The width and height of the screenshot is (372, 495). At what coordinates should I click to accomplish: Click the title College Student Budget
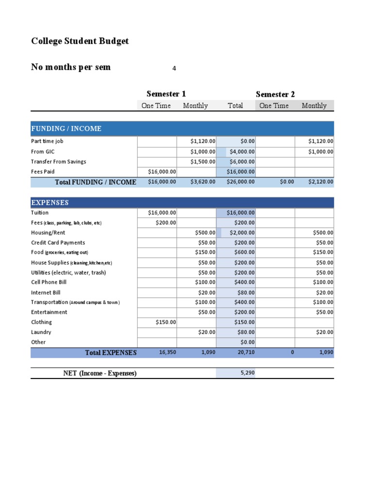click(80, 41)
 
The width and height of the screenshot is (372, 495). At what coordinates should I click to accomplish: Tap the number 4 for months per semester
click(174, 68)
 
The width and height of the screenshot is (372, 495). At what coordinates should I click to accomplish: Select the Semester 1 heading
click(166, 94)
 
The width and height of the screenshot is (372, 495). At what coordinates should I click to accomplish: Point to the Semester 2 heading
click(275, 94)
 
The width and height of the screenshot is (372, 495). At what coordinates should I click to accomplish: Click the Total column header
click(235, 106)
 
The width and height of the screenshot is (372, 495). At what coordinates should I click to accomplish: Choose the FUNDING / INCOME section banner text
click(66, 129)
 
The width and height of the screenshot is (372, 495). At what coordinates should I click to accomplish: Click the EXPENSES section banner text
click(50, 203)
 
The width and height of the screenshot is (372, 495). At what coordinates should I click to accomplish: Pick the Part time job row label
click(47, 141)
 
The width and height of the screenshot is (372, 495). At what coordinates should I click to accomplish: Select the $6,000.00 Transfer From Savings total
click(242, 161)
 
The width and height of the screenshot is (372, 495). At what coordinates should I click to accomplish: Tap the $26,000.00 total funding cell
click(241, 182)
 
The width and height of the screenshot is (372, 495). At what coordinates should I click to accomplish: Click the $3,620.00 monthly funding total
click(202, 182)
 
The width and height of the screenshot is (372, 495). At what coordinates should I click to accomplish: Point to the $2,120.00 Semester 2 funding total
click(321, 182)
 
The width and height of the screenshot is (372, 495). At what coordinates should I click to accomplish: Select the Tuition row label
click(40, 213)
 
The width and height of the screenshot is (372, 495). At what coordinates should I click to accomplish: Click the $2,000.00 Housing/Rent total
click(242, 233)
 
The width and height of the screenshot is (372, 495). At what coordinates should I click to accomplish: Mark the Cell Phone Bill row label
click(49, 282)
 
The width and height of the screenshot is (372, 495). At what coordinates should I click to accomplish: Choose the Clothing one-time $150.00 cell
click(165, 322)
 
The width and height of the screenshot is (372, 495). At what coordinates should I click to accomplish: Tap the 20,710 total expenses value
click(247, 352)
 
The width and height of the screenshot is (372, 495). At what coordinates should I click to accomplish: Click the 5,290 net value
click(248, 373)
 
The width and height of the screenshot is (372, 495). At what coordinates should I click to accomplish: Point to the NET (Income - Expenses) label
click(100, 373)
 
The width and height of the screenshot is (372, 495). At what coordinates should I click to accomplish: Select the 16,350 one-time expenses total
click(168, 352)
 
